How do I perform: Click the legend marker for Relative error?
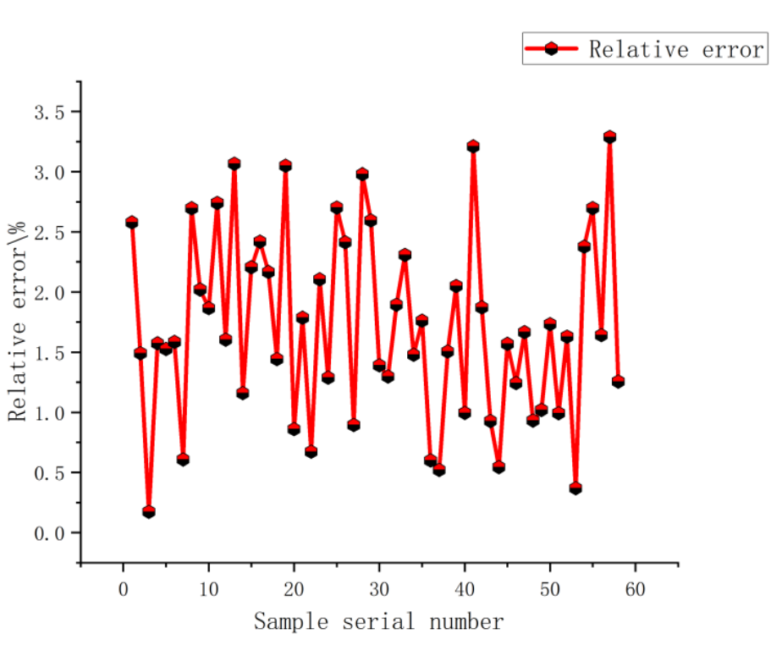pos(551,49)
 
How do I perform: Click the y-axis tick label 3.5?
pos(48,112)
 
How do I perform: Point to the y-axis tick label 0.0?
pos(48,533)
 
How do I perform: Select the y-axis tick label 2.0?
pos(48,293)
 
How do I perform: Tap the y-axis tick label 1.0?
pos(48,413)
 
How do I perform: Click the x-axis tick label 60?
pos(636,588)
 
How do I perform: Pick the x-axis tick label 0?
pos(124,588)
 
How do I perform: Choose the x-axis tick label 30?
pos(379,588)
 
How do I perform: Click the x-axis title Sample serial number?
pos(378,623)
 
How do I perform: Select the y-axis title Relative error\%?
pos(19,322)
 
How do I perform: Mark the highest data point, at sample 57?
pos(609,137)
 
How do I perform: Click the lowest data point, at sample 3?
pos(149,512)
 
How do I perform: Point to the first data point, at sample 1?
pos(132,223)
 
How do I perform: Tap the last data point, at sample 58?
pos(618,382)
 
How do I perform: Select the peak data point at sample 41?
pos(473,146)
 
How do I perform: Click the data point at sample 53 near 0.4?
pos(575,488)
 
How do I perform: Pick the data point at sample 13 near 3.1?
pos(234,163)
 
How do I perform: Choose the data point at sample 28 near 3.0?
pos(362,174)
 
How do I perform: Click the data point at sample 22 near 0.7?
pos(311,452)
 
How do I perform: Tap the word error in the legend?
pos(733,49)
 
